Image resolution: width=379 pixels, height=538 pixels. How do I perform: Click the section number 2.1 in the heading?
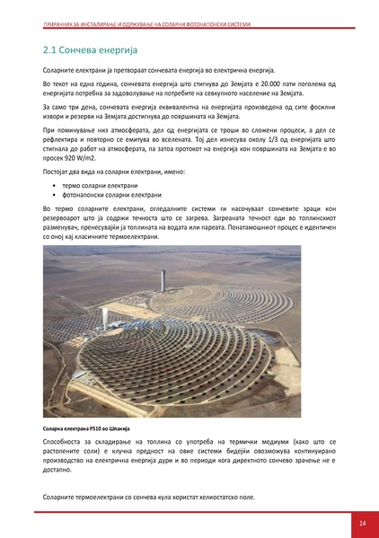coord(52,50)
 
